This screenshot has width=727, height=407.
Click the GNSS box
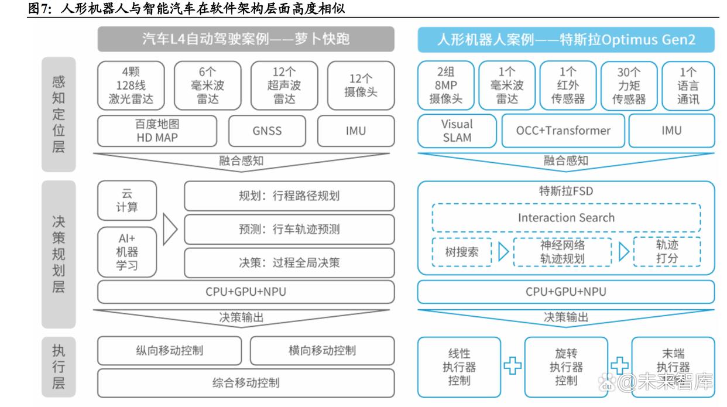pyautogui.click(x=267, y=131)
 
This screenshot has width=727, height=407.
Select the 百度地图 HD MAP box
pyautogui.click(x=157, y=131)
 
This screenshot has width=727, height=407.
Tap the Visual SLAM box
pyautogui.click(x=457, y=131)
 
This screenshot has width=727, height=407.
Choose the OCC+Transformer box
pyautogui.click(x=563, y=131)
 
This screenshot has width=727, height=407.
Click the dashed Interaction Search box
pyautogui.click(x=567, y=218)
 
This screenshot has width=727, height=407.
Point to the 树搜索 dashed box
pyautogui.click(x=461, y=252)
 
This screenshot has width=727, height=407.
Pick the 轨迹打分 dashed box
pyautogui.click(x=667, y=252)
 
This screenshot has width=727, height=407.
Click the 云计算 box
pyautogui.click(x=127, y=200)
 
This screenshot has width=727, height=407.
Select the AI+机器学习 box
pyautogui.click(x=127, y=252)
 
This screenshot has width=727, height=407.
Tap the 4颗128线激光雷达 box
pyautogui.click(x=131, y=85)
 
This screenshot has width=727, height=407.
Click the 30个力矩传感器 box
pyautogui.click(x=629, y=86)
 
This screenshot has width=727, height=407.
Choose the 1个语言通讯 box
pyautogui.click(x=688, y=86)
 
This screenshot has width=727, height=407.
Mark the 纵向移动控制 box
pyautogui.click(x=169, y=351)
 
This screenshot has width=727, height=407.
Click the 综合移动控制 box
pyautogui.click(x=246, y=383)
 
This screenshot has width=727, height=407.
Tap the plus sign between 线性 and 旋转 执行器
pyautogui.click(x=512, y=366)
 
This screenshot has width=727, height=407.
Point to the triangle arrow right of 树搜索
pyautogui.click(x=503, y=252)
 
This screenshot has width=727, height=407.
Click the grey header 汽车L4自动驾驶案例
pyautogui.click(x=246, y=39)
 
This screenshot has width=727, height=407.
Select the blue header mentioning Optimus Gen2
pyautogui.click(x=566, y=40)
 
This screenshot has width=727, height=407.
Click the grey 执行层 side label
pyautogui.click(x=59, y=367)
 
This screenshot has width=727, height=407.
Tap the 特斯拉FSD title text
pyautogui.click(x=566, y=191)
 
